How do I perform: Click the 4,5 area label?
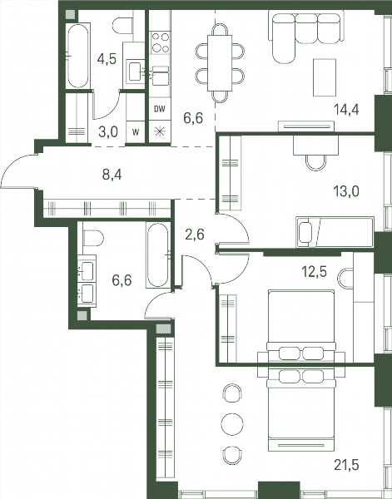click(x=107, y=59)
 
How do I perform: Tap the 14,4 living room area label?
click(x=346, y=110)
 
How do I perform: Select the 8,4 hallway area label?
click(x=112, y=175)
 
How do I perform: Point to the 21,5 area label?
click(x=346, y=465)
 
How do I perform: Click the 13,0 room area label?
click(x=346, y=191)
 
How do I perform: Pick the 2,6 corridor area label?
click(x=195, y=235)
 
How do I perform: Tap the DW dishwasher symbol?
click(x=160, y=109)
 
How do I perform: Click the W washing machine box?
click(x=136, y=132)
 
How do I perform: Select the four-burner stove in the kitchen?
click(x=160, y=42)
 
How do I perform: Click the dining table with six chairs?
click(x=220, y=63)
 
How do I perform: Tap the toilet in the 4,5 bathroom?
click(x=122, y=26)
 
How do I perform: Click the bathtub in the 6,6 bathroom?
click(x=158, y=255)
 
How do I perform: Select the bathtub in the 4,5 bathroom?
click(x=78, y=56)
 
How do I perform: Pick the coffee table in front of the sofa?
click(x=325, y=77)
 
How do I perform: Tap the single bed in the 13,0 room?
click(x=335, y=232)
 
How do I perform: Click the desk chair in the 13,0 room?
click(x=316, y=162)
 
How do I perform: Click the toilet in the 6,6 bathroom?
click(x=92, y=238)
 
